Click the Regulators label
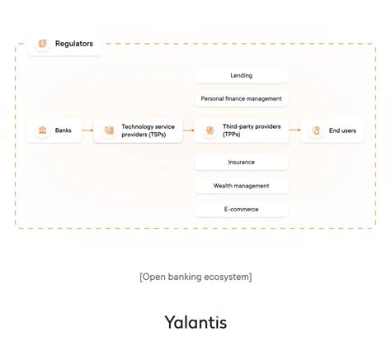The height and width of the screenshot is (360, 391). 74,43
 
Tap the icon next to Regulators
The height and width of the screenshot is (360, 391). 42,43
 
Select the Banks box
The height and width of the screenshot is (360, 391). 54,130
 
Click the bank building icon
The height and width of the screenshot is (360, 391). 41,130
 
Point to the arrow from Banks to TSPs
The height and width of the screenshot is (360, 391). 87,130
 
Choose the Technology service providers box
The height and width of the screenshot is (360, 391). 139,130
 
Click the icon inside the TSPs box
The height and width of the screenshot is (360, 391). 109,130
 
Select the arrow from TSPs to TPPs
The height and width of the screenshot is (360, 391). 189,130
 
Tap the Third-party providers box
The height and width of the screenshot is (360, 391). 242,130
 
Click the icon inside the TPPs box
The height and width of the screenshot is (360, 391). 210,130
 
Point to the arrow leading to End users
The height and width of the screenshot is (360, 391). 294,130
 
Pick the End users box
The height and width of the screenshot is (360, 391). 332,130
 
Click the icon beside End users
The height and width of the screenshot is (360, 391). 315,130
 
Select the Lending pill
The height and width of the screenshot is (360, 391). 242,75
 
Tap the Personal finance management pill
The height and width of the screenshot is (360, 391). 242,98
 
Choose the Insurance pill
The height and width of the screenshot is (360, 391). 242,163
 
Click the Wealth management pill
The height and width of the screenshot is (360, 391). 242,186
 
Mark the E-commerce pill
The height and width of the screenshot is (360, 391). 242,209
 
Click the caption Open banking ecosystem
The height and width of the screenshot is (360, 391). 195,277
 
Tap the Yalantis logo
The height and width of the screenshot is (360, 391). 195,321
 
